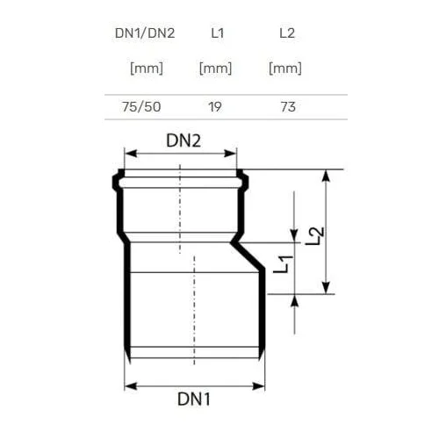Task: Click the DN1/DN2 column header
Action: (x=145, y=33)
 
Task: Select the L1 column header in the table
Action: (x=218, y=33)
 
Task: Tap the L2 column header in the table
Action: (x=287, y=33)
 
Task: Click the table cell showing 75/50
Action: (x=141, y=107)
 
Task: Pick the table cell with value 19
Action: (x=215, y=107)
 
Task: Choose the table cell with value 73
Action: (x=288, y=107)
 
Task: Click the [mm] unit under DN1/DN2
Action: (x=147, y=68)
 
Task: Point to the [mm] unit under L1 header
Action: (x=215, y=68)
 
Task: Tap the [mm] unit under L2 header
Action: (x=285, y=68)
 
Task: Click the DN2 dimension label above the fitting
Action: (x=184, y=140)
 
